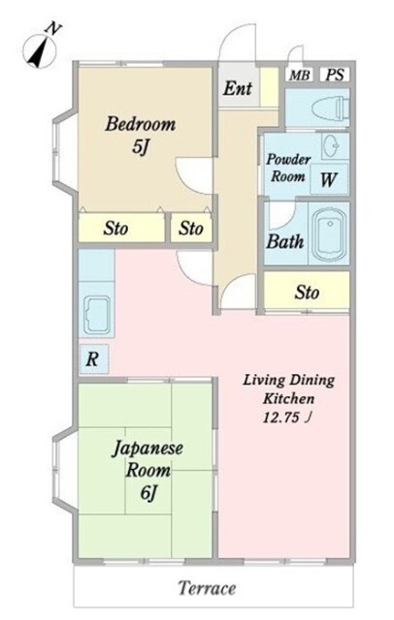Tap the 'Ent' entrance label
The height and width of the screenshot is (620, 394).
click(x=237, y=89)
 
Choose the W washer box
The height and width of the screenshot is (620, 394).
click(x=328, y=178)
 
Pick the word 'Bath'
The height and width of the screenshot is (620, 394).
click(x=285, y=242)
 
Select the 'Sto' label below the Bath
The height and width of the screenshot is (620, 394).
click(x=307, y=291)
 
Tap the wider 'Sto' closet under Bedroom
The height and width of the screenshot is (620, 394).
click(x=118, y=230)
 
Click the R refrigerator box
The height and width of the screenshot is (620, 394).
click(x=92, y=358)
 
